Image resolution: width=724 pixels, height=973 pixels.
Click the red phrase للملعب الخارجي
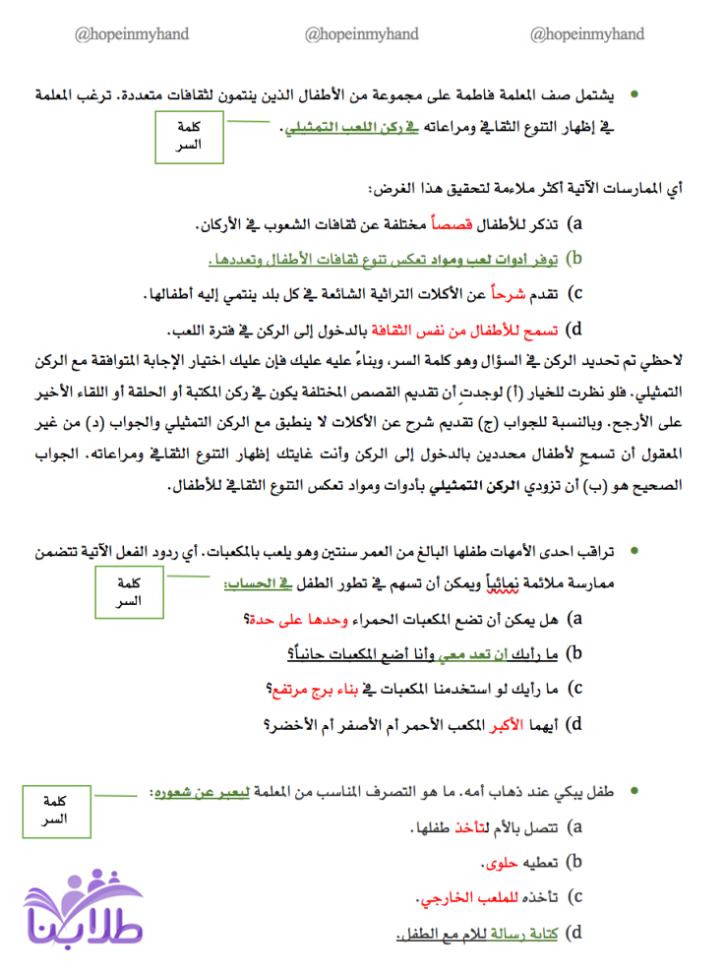tap(453, 898)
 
